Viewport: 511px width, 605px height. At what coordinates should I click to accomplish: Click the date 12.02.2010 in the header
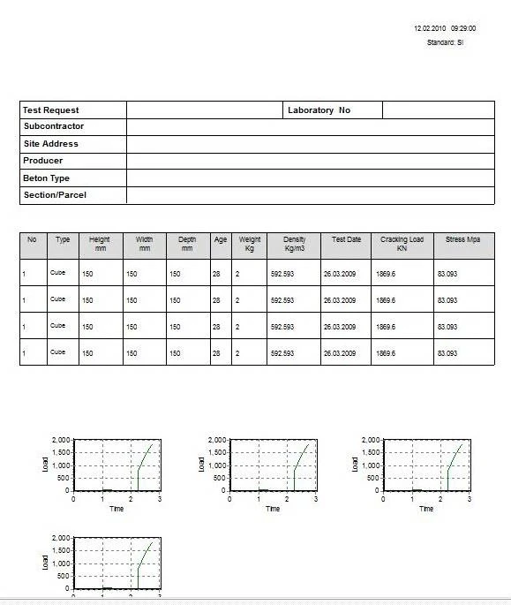pyautogui.click(x=429, y=28)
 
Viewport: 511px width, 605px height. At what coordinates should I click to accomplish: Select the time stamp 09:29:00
pyautogui.click(x=462, y=28)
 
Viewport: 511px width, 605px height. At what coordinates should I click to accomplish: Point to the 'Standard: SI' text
pyautogui.click(x=445, y=42)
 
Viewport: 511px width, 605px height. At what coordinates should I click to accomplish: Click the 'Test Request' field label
pyautogui.click(x=51, y=110)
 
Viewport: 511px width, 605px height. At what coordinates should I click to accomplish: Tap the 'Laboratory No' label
pyautogui.click(x=319, y=110)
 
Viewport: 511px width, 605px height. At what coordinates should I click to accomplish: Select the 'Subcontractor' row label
pyautogui.click(x=54, y=126)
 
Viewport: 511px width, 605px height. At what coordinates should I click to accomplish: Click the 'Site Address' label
pyautogui.click(x=51, y=144)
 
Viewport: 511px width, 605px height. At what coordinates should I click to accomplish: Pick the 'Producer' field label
pyautogui.click(x=43, y=161)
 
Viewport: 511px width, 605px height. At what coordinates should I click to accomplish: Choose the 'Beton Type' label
pyautogui.click(x=47, y=178)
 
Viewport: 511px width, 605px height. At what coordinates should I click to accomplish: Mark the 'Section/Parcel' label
pyautogui.click(x=55, y=195)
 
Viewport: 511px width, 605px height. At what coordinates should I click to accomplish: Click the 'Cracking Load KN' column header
pyautogui.click(x=402, y=244)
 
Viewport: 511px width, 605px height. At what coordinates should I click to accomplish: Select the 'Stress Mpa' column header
pyautogui.click(x=463, y=239)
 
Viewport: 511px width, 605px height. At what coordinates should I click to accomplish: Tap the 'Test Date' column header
pyautogui.click(x=346, y=239)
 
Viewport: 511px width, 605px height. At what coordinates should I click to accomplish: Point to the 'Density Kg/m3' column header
pyautogui.click(x=294, y=244)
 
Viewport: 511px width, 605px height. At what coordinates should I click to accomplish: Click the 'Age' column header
pyautogui.click(x=221, y=239)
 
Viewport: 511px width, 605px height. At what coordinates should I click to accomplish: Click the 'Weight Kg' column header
pyautogui.click(x=250, y=244)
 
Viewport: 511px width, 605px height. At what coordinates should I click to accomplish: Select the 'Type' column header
pyautogui.click(x=63, y=239)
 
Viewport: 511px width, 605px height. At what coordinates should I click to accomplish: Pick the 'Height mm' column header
pyautogui.click(x=100, y=244)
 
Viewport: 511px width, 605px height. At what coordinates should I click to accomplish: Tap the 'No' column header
pyautogui.click(x=32, y=239)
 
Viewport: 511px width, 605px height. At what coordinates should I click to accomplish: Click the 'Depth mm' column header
pyautogui.click(x=187, y=244)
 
